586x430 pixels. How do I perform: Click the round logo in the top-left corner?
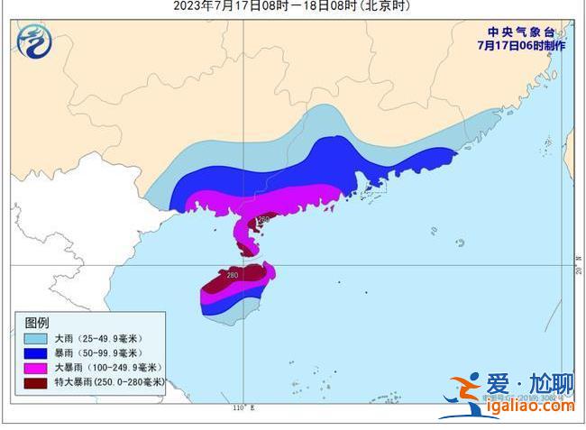click(35, 40)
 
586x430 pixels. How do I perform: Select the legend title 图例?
click(37, 323)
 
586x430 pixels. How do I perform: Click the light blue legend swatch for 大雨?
click(35, 337)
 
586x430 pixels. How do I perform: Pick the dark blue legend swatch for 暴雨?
click(35, 352)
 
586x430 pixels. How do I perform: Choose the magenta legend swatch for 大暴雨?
click(35, 367)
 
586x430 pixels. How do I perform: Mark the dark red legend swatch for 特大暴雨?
click(35, 382)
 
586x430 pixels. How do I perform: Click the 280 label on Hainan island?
click(232, 275)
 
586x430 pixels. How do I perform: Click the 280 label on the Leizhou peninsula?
click(263, 220)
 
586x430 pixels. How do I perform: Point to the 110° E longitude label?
click(239, 408)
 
